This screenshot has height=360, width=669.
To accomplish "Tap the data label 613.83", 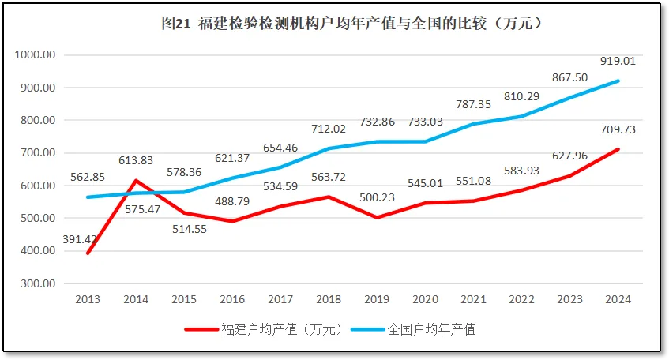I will [136, 160].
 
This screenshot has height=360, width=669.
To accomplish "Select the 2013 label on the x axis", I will [87, 299].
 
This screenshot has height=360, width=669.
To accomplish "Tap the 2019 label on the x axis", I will [377, 299].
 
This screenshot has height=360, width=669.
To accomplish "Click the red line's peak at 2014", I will [135, 181].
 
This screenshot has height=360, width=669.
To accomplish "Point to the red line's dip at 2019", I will [377, 217].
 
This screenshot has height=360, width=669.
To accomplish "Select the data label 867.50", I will [570, 77].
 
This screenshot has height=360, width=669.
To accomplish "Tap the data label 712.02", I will [329, 129].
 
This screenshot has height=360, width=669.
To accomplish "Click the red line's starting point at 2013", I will [87, 253].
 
